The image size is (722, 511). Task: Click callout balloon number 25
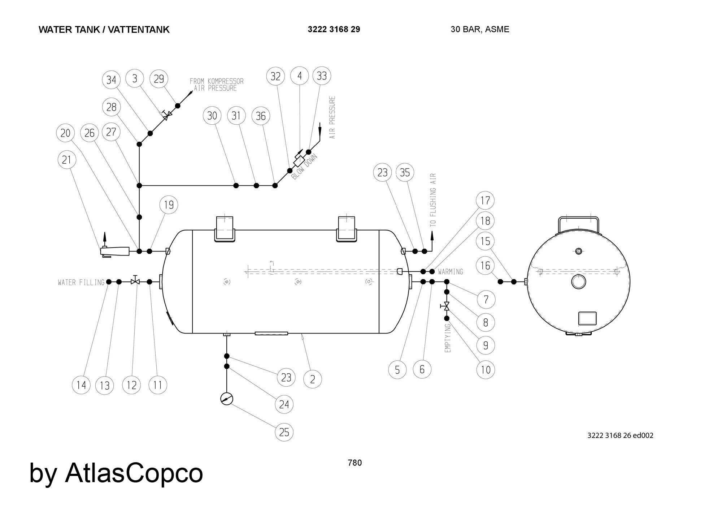(x=284, y=432)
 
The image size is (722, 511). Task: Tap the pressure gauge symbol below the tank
(x=227, y=399)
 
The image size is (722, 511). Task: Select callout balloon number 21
(x=67, y=160)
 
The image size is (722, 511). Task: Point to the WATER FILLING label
(x=81, y=282)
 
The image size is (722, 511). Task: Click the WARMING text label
(x=451, y=271)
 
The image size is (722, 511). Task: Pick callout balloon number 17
(x=485, y=200)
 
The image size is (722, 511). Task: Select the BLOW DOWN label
(x=305, y=167)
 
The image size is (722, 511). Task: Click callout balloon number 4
(x=300, y=76)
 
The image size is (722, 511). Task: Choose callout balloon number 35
(x=405, y=172)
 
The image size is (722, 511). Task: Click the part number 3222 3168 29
(x=334, y=29)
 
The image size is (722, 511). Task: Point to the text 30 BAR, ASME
(x=480, y=29)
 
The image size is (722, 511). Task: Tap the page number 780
(x=355, y=463)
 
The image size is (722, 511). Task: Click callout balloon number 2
(x=312, y=379)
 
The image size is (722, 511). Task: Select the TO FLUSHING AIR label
(x=433, y=200)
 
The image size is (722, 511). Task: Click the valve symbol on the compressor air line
(x=167, y=115)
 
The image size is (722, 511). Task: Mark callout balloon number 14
(x=81, y=385)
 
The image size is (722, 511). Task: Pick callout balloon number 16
(x=485, y=266)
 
